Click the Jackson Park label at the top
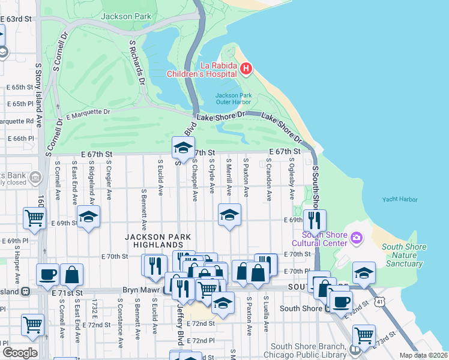pos(126,16)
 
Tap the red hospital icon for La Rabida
pos(246,69)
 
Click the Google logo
pos(20,353)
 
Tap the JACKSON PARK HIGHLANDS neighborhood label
pos(154,241)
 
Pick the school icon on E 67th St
pos(183,147)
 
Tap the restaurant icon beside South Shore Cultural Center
pos(315,220)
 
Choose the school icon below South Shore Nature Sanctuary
pos(364,272)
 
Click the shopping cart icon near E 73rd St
pos(364,335)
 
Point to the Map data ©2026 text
pos(423,355)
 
